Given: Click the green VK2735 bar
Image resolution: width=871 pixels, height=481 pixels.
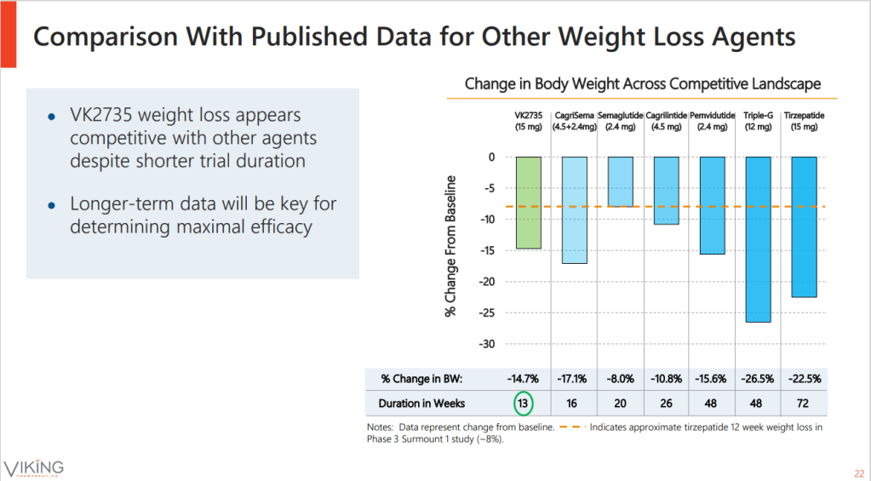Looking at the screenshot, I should [528, 203].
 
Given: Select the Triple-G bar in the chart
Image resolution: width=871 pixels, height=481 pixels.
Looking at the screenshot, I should [758, 239].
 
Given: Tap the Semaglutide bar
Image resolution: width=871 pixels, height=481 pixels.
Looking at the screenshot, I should [621, 181].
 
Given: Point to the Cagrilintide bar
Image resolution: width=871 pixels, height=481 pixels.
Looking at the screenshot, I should [666, 190].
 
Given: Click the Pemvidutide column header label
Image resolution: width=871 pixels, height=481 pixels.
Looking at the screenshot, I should [712, 115].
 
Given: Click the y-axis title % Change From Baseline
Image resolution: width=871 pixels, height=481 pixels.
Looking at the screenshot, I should [451, 247].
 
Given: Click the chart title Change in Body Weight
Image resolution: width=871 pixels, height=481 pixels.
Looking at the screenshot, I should [643, 84].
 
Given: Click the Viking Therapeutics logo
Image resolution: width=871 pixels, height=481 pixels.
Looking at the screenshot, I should [34, 467].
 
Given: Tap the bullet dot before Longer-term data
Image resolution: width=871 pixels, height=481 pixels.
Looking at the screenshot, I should [52, 205].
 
